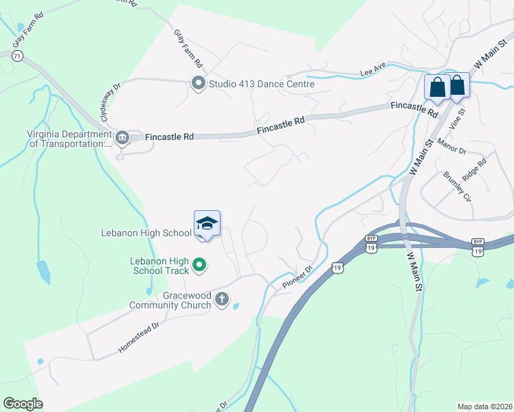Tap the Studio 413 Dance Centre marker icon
pos(199,84)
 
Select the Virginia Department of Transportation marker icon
pos(122,138)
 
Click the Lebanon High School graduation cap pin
pos(207,224)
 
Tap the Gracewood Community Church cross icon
pos(221,299)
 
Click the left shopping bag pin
pos(437,87)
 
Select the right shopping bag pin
pos(458,85)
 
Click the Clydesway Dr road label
pos(110,101)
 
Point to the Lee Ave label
pos(374,69)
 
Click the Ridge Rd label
pos(474,170)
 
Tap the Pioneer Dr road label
pos(298,276)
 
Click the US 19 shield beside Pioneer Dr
pos(337,267)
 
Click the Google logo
pos(23,403)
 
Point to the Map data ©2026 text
pos(484,407)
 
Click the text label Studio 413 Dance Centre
pos(262,84)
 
